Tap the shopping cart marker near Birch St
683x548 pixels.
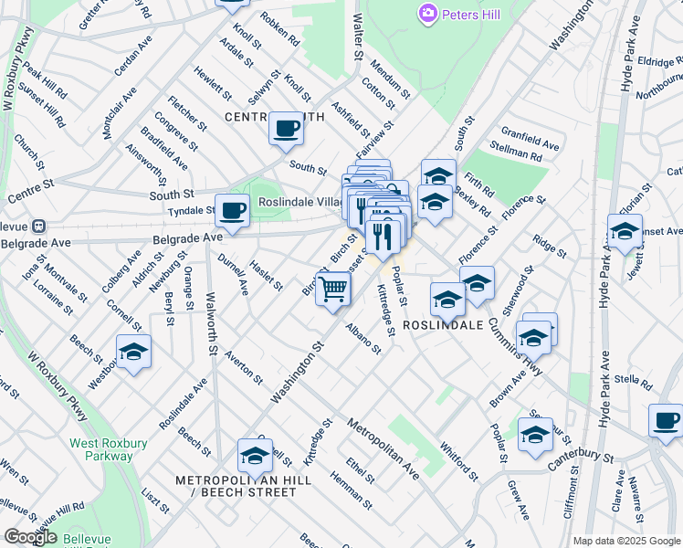tap(334, 290)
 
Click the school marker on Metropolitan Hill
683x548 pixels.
tap(255, 456)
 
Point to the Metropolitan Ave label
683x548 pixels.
tap(383, 449)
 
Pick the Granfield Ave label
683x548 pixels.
tap(530, 138)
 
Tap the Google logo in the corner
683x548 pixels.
tap(30, 536)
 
